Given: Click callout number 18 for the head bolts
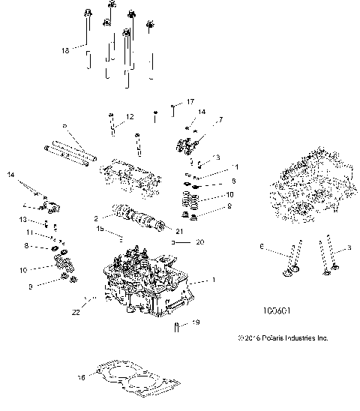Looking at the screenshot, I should pos(65,49).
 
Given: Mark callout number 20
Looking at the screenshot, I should pos(199,243).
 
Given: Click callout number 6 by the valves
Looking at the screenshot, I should pos(260,246).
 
